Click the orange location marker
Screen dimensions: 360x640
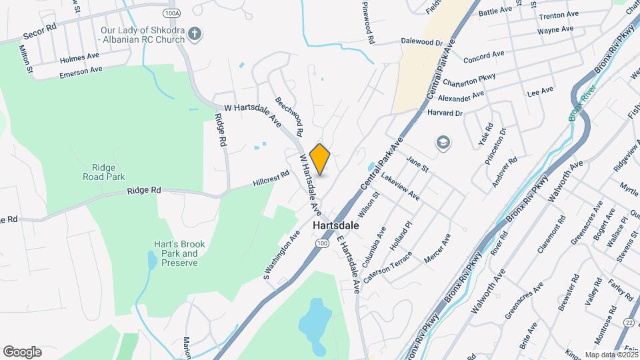click(x=320, y=159)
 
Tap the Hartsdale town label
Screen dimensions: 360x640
click(x=335, y=226)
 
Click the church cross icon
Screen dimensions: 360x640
click(x=194, y=34)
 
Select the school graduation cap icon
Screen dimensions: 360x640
click(x=442, y=142)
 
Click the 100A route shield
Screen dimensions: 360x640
click(x=171, y=12)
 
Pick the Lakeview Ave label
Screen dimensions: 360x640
click(x=401, y=186)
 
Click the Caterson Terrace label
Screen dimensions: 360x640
click(x=388, y=264)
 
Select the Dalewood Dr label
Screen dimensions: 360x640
click(x=421, y=41)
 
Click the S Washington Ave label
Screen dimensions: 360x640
click(x=281, y=255)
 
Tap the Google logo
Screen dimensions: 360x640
click(x=22, y=351)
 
